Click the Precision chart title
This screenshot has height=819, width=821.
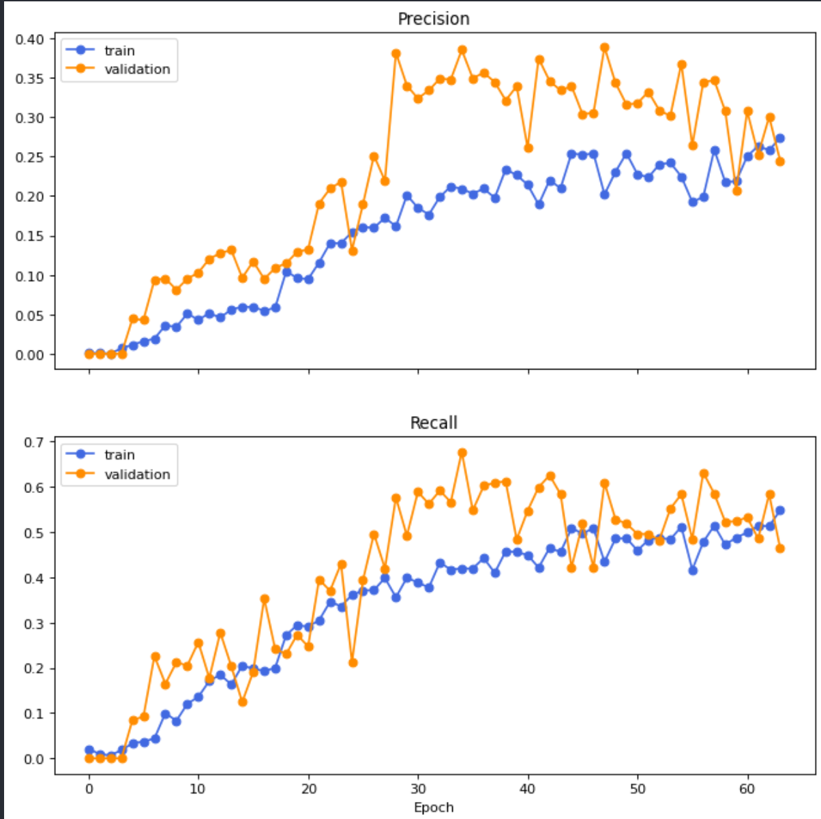click(x=434, y=19)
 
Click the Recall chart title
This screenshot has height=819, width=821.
click(x=434, y=423)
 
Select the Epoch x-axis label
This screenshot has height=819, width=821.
click(x=434, y=807)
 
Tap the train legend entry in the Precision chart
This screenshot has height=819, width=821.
click(x=119, y=50)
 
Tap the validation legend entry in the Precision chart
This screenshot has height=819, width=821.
click(x=137, y=69)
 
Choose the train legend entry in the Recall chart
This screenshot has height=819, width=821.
click(x=119, y=455)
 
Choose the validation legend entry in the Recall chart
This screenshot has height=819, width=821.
click(x=137, y=474)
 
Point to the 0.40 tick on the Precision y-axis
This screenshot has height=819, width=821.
click(x=29, y=39)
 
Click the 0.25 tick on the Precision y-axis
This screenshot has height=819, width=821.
click(x=29, y=158)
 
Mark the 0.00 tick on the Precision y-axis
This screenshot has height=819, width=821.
click(x=29, y=355)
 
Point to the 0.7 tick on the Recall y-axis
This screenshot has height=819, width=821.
click(x=33, y=442)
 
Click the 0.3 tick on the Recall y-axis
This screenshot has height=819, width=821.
click(x=33, y=623)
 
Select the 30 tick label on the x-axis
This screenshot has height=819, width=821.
click(x=418, y=789)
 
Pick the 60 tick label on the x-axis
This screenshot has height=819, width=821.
click(x=747, y=789)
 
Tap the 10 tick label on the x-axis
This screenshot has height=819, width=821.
click(x=198, y=789)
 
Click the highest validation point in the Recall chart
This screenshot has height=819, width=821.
click(x=462, y=453)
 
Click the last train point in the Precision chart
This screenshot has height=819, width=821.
click(x=780, y=138)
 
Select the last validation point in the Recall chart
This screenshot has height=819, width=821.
click(x=780, y=548)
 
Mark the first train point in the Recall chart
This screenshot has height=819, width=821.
click(x=89, y=750)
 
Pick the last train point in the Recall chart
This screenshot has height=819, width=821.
click(x=780, y=510)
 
